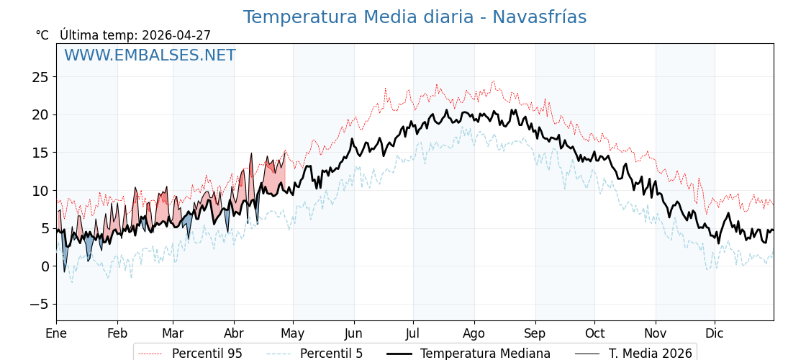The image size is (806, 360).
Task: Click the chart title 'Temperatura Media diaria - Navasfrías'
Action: click(415, 17)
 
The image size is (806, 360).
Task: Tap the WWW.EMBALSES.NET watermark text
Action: click(150, 55)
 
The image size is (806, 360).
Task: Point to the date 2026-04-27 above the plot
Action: click(176, 35)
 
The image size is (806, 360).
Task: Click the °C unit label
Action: click(42, 35)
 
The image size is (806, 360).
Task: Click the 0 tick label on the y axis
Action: click(45, 266)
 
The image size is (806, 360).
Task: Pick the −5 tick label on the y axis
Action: click(39, 305)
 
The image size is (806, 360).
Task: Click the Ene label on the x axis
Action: click(56, 333)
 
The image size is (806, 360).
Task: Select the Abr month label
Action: click(234, 333)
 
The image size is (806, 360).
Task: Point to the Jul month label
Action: click(413, 333)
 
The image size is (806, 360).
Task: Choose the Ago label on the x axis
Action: click(474, 333)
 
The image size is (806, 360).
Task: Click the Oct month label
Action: click(594, 333)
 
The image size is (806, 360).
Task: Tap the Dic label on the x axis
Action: click(715, 333)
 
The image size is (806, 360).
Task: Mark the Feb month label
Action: click(117, 333)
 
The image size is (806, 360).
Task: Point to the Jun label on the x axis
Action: click(353, 333)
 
